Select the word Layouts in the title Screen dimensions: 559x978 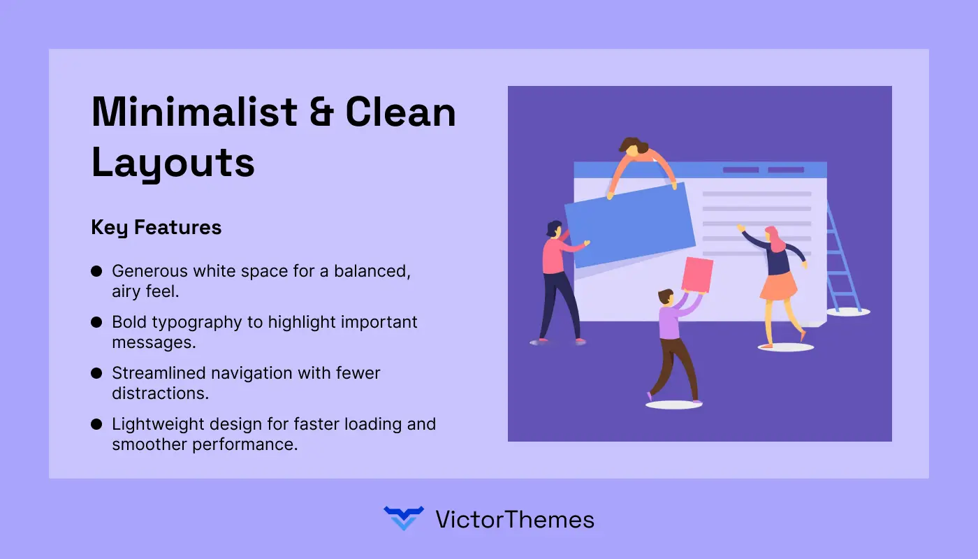click(173, 163)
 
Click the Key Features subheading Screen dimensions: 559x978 click(156, 227)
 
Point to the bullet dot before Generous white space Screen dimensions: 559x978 click(96, 271)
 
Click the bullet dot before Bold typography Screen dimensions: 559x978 click(96, 322)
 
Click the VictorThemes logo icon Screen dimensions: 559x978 click(404, 518)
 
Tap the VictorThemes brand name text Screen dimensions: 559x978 click(514, 519)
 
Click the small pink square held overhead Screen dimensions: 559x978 click(696, 275)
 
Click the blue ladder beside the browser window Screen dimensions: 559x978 click(842, 259)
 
